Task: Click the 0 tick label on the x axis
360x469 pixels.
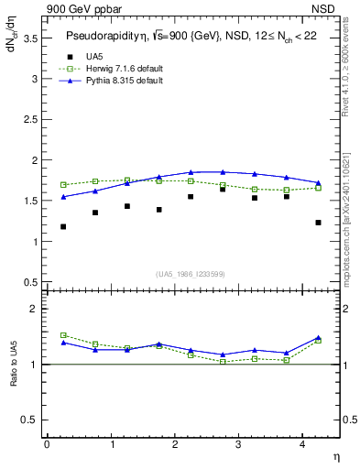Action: point(47,444)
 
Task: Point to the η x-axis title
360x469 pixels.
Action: point(335,457)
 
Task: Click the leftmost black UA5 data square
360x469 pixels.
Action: point(63,226)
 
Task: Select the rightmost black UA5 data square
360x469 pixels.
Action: point(318,223)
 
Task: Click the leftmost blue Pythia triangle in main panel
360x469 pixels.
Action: point(63,197)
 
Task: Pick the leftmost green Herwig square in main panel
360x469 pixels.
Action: point(63,185)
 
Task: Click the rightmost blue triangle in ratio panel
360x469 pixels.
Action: point(318,338)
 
